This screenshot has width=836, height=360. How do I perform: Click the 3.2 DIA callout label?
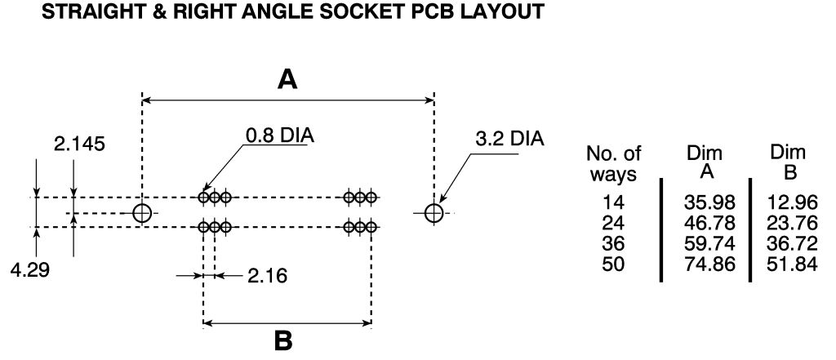click(509, 138)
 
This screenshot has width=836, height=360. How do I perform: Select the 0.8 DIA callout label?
click(281, 134)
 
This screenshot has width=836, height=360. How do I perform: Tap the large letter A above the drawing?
click(287, 79)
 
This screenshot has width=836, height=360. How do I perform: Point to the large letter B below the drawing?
click(283, 340)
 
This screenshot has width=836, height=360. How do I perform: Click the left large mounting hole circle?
click(142, 213)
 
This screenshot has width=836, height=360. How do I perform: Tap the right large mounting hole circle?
click(434, 213)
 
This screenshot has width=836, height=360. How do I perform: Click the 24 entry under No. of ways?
click(613, 222)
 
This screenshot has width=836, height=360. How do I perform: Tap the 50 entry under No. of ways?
click(613, 262)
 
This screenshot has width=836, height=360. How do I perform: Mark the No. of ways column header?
click(613, 163)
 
